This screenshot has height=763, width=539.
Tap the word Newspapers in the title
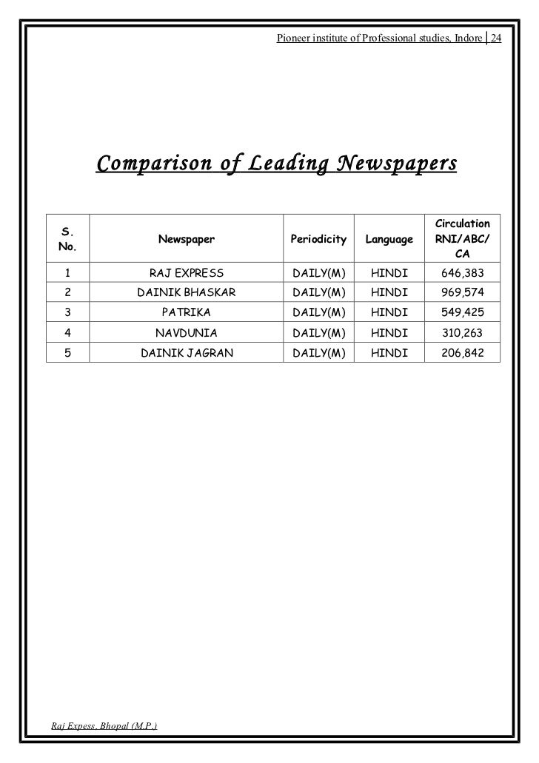click(x=397, y=162)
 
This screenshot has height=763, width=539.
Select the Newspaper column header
click(x=187, y=239)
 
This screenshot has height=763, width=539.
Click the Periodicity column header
click(x=318, y=239)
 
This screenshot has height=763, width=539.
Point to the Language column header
click(x=389, y=239)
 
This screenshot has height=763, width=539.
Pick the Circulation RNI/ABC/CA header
click(x=463, y=239)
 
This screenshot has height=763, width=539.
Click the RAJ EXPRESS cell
click(x=187, y=273)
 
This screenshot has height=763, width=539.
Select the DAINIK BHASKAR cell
click(x=187, y=293)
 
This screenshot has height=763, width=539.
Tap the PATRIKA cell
click(x=187, y=313)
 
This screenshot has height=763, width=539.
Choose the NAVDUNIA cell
click(x=187, y=333)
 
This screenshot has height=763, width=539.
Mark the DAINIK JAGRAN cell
click(x=187, y=353)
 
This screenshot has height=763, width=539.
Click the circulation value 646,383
click(x=463, y=273)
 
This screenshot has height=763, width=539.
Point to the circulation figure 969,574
click(x=463, y=293)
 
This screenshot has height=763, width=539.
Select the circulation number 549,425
click(x=463, y=313)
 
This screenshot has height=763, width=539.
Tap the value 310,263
click(x=463, y=333)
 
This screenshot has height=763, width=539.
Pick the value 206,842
click(x=463, y=353)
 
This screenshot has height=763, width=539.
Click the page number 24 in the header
click(x=495, y=38)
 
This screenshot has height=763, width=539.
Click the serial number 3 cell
click(x=67, y=313)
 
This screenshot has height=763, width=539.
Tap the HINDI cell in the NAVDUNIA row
click(x=389, y=333)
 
